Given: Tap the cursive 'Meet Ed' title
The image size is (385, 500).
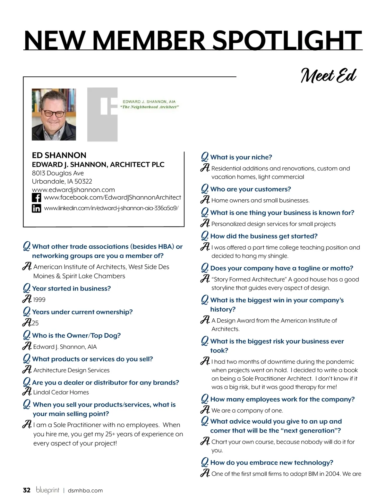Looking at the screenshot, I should [x=328, y=75].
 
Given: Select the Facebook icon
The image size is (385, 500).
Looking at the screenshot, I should [x=36, y=197].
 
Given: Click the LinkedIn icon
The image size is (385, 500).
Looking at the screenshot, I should [x=36, y=208].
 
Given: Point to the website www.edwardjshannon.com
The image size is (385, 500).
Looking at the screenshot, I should [x=73, y=190].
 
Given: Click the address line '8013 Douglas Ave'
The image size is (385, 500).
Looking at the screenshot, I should [x=58, y=173].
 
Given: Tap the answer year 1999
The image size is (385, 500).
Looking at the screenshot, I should [x=39, y=300].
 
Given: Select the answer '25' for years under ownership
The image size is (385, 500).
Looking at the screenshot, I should [x=35, y=323].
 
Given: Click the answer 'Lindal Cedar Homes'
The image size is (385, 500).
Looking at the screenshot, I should [x=61, y=392].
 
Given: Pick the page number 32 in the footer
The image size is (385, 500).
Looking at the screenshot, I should [x=27, y=490].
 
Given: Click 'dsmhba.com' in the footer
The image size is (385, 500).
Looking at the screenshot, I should [x=85, y=490].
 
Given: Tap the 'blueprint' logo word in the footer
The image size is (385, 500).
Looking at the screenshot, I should [x=47, y=490].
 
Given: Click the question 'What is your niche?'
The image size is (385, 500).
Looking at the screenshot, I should [x=241, y=157].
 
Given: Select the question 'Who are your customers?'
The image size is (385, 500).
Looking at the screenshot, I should [x=251, y=189].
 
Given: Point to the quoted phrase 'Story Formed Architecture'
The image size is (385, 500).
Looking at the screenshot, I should [x=249, y=280].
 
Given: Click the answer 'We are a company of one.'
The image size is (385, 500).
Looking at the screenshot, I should [x=247, y=410].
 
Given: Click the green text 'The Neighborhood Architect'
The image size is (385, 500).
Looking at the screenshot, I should [x=150, y=107].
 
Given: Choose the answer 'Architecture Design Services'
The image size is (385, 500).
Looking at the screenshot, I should [x=71, y=370].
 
